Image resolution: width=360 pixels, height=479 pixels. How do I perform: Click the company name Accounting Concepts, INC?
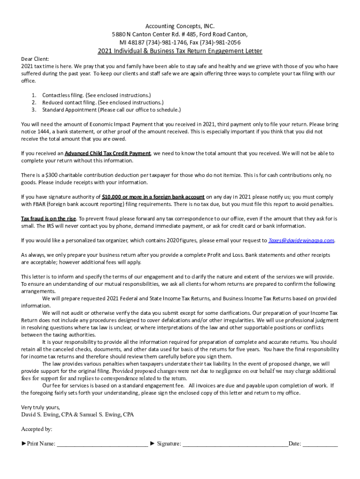coord(180,26)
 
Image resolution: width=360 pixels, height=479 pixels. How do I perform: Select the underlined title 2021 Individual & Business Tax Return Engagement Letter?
coord(180,51)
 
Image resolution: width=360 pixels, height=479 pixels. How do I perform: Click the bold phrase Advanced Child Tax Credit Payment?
coord(108,153)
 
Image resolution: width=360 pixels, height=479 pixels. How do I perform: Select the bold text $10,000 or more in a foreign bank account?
coord(153,197)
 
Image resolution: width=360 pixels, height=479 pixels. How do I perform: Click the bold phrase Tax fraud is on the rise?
coord(49,218)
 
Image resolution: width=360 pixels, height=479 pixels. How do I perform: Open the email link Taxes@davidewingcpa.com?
coord(301,240)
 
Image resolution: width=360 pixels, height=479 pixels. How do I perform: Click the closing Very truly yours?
coord(41,407)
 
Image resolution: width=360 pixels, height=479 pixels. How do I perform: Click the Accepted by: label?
coord(37,429)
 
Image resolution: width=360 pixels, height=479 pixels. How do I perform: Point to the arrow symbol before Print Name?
coord(24,443)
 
